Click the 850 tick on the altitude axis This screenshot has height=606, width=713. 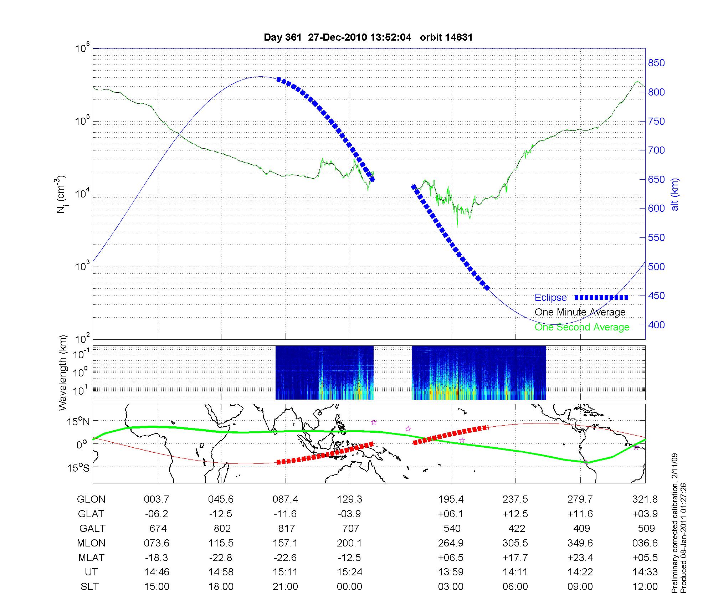point(656,63)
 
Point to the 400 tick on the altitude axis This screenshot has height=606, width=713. point(656,325)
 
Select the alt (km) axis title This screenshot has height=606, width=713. point(675,194)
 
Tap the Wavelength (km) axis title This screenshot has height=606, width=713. point(63,373)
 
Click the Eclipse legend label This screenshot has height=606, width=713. point(550,298)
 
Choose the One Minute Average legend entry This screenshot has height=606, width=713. point(580,312)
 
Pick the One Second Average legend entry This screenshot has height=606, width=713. point(582,327)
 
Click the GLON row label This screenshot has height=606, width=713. point(91,499)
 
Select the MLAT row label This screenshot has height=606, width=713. point(91,558)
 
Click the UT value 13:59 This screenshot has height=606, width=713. point(451,572)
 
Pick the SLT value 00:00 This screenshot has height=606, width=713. point(349,587)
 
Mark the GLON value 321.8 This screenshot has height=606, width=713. point(645,499)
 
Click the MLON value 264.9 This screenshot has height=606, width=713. point(451,543)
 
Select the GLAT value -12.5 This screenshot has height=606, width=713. point(221,514)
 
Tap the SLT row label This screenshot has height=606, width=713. point(89,587)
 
